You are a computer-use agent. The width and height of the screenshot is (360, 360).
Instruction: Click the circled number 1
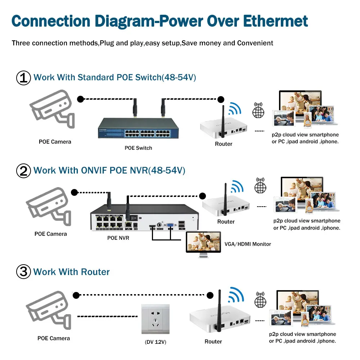24,78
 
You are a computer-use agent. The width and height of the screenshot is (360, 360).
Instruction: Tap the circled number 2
24,170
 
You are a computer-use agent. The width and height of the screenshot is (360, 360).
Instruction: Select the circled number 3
24,271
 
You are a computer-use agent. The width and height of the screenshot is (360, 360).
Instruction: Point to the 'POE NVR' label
118,238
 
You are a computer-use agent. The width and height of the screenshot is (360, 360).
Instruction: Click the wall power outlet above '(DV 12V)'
155,319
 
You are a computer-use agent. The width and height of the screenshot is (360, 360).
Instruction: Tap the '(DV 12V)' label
155,342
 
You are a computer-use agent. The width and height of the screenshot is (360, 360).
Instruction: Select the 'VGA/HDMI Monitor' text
248,244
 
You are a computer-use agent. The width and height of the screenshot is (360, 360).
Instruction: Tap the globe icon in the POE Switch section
258,111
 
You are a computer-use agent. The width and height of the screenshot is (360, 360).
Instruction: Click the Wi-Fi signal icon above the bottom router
237,295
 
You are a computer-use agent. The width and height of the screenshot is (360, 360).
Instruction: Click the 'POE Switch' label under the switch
139,148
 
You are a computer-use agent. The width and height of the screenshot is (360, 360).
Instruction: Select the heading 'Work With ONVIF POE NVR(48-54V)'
109,170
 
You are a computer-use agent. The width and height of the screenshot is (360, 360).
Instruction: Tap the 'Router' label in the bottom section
213,342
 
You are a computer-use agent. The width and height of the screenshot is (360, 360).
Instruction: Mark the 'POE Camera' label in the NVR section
50,234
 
